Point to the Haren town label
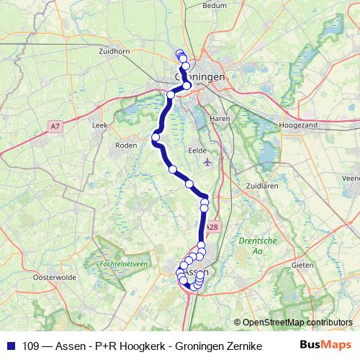[218, 117]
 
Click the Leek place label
[99, 125]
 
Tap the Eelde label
[197, 150]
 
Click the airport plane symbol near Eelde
[209, 161]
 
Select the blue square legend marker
[10, 346]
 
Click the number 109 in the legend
[29, 346]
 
